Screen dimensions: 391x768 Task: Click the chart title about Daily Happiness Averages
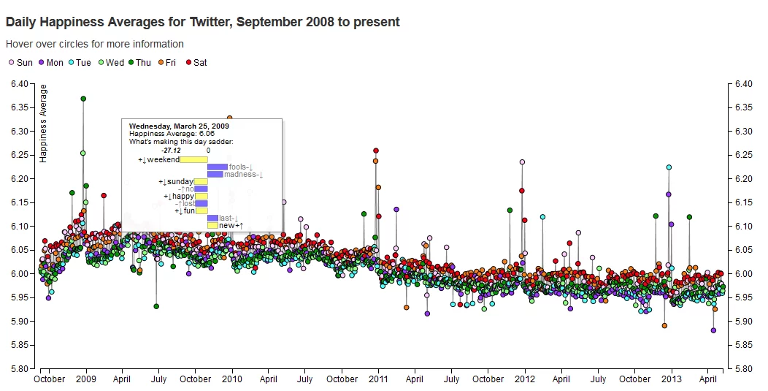click(202, 22)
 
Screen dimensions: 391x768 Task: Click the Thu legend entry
click(138, 63)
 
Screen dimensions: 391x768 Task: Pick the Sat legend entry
click(196, 63)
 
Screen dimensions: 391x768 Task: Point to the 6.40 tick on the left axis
click(20, 84)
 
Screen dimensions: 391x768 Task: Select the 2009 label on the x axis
click(86, 379)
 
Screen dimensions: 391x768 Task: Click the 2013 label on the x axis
click(672, 379)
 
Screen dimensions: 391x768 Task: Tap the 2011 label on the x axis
click(378, 379)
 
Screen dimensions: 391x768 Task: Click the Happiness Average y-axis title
click(44, 123)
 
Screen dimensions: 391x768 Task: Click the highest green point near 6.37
click(83, 99)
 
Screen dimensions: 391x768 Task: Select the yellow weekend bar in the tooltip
click(194, 159)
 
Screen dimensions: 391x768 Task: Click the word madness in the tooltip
click(241, 174)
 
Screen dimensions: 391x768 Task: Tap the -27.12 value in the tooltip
click(171, 150)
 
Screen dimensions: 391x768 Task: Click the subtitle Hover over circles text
click(95, 45)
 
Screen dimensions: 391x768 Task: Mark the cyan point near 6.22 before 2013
click(669, 167)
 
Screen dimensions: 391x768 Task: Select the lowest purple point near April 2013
click(713, 330)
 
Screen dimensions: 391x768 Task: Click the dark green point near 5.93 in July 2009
click(156, 306)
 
